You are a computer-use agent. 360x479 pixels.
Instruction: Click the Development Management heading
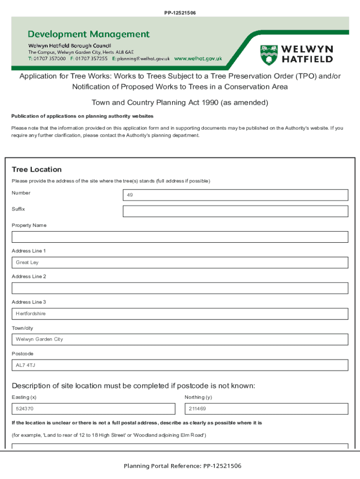89,34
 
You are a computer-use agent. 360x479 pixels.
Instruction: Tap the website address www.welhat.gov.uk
198,59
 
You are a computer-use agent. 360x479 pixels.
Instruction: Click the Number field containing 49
235,195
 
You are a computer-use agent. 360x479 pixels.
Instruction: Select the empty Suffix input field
235,211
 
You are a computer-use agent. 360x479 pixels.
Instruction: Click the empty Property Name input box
180,237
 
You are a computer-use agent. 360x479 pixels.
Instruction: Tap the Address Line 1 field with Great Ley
180,262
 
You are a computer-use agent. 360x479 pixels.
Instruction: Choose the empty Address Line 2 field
180,288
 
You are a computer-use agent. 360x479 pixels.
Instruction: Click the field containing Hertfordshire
180,313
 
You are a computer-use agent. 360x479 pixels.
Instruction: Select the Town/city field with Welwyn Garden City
180,339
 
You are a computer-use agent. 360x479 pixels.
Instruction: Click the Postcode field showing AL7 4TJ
180,365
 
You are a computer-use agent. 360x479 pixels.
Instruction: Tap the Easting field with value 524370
95,409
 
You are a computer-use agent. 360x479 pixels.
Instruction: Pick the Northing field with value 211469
266,409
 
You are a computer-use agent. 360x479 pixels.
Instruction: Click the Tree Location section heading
36,169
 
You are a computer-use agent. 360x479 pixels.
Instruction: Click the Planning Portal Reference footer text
182,466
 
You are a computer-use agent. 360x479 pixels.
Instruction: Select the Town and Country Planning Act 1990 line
180,102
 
